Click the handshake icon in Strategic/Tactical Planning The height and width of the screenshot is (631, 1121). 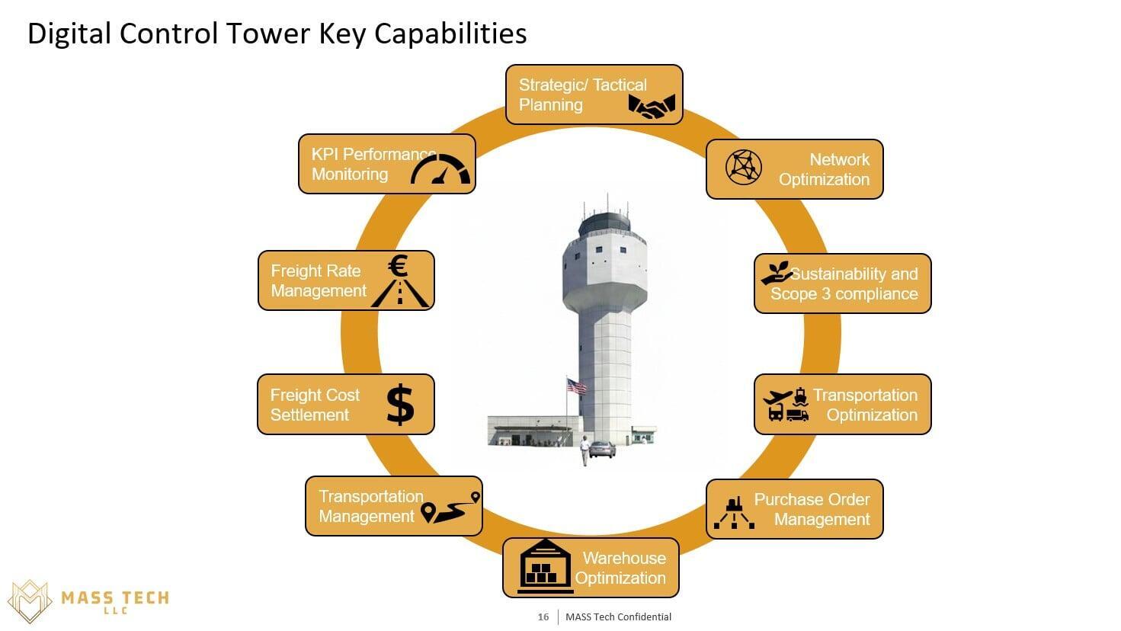(652, 106)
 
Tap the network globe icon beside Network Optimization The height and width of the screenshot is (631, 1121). (743, 167)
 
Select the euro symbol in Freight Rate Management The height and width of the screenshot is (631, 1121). (398, 266)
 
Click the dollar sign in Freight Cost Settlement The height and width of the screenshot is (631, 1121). (400, 405)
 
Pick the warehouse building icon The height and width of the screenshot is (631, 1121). (546, 565)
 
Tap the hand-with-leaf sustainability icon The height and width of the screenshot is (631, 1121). (777, 274)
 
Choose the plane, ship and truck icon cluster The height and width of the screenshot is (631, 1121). (786, 405)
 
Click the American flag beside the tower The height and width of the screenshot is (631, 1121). (577, 386)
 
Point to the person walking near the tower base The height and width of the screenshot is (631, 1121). (585, 450)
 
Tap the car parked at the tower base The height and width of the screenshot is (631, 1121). (602, 450)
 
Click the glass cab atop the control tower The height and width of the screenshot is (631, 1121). (606, 224)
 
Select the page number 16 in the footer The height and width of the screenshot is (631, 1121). (543, 617)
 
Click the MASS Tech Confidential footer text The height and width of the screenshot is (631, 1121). (618, 617)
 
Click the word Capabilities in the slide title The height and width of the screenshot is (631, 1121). (451, 34)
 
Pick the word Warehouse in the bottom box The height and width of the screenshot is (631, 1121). (624, 558)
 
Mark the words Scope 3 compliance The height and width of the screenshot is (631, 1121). (844, 293)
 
